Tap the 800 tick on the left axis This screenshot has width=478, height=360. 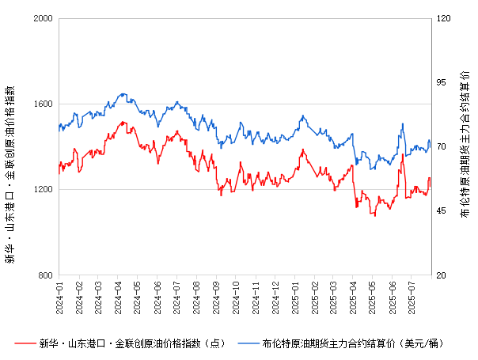pos(46,275)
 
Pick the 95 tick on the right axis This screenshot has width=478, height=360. pos(439,82)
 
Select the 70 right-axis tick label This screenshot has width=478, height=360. pos(439,147)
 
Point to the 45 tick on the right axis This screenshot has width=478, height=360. pos(439,211)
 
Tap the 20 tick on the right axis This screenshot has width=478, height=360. pos(439,275)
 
